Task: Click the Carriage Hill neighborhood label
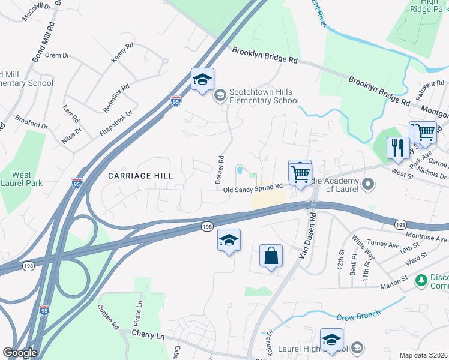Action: pos(140,176)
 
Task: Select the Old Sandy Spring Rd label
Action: pos(253,189)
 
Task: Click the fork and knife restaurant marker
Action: pos(397,148)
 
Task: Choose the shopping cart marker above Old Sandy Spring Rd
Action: pos(300,175)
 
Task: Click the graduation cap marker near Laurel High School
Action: pos(331,340)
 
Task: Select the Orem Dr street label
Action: pos(58,55)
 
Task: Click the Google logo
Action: pos(20,352)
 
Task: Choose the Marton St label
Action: pos(393,279)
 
